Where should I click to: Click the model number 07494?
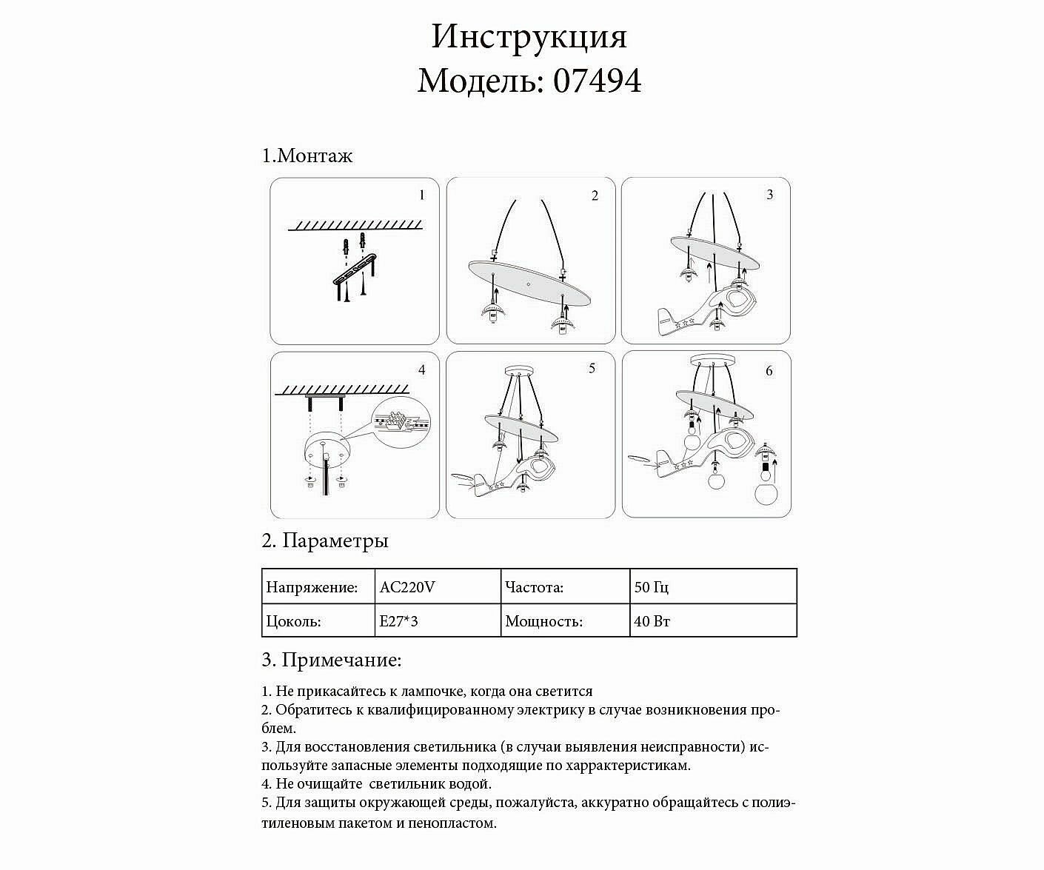(598, 81)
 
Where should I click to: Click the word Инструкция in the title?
(529, 36)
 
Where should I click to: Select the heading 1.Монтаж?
(307, 155)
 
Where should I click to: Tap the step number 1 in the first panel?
(422, 195)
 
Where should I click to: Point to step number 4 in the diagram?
(422, 369)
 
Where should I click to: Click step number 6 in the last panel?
(769, 371)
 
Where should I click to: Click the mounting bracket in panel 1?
(355, 269)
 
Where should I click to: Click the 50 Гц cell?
(652, 588)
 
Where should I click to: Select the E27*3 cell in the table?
(399, 621)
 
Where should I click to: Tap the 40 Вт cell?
(652, 621)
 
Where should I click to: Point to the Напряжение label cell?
(312, 588)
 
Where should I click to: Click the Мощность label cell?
(543, 621)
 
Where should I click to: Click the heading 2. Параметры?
(325, 541)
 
